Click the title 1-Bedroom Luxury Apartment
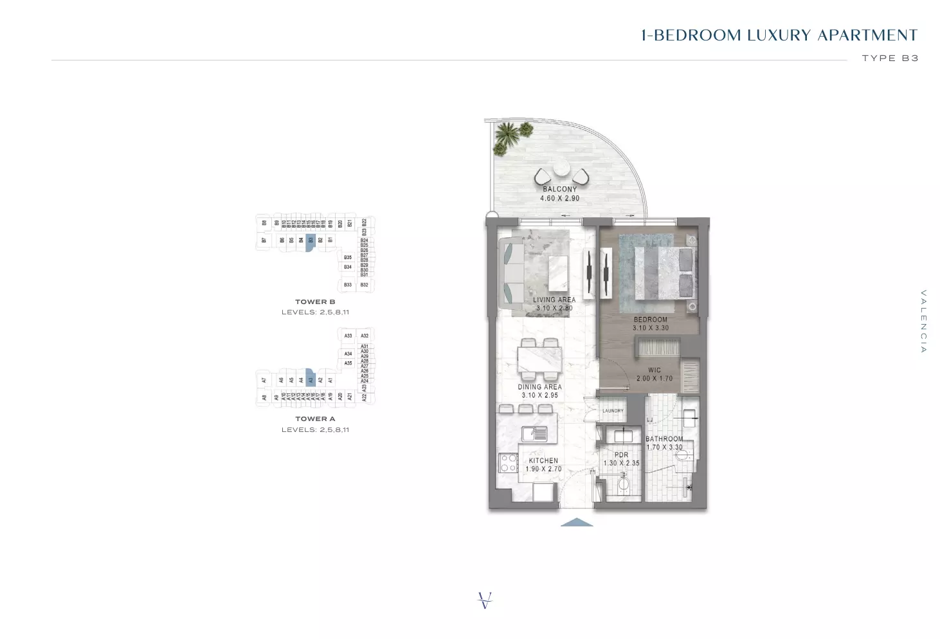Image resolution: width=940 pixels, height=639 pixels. pos(779,35)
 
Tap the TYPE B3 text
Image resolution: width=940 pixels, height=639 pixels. pos(890,58)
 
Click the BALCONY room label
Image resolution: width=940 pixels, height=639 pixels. pos(559,189)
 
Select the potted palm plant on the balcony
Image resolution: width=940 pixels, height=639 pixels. pos(508,137)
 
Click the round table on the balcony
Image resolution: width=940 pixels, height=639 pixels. pos(561,168)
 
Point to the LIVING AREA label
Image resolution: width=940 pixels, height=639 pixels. pos(554,300)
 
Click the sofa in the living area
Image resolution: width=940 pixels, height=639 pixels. pos(511,275)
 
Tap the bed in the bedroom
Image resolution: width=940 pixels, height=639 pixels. pos(664,273)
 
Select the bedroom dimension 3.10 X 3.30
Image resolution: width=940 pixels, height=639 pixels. pos(650,328)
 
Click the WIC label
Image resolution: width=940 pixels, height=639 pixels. pos(654,370)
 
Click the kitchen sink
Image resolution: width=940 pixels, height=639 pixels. pos(534,434)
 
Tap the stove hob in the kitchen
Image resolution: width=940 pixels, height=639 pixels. pos(509,463)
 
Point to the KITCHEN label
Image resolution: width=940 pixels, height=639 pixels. pos(543,460)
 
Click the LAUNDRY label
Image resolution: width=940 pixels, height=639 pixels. pos(613,411)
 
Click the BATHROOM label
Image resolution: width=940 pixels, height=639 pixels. pos(664,439)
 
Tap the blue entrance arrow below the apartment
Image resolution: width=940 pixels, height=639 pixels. pos(576,523)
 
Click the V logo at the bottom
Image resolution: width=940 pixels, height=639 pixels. pos(485,600)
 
